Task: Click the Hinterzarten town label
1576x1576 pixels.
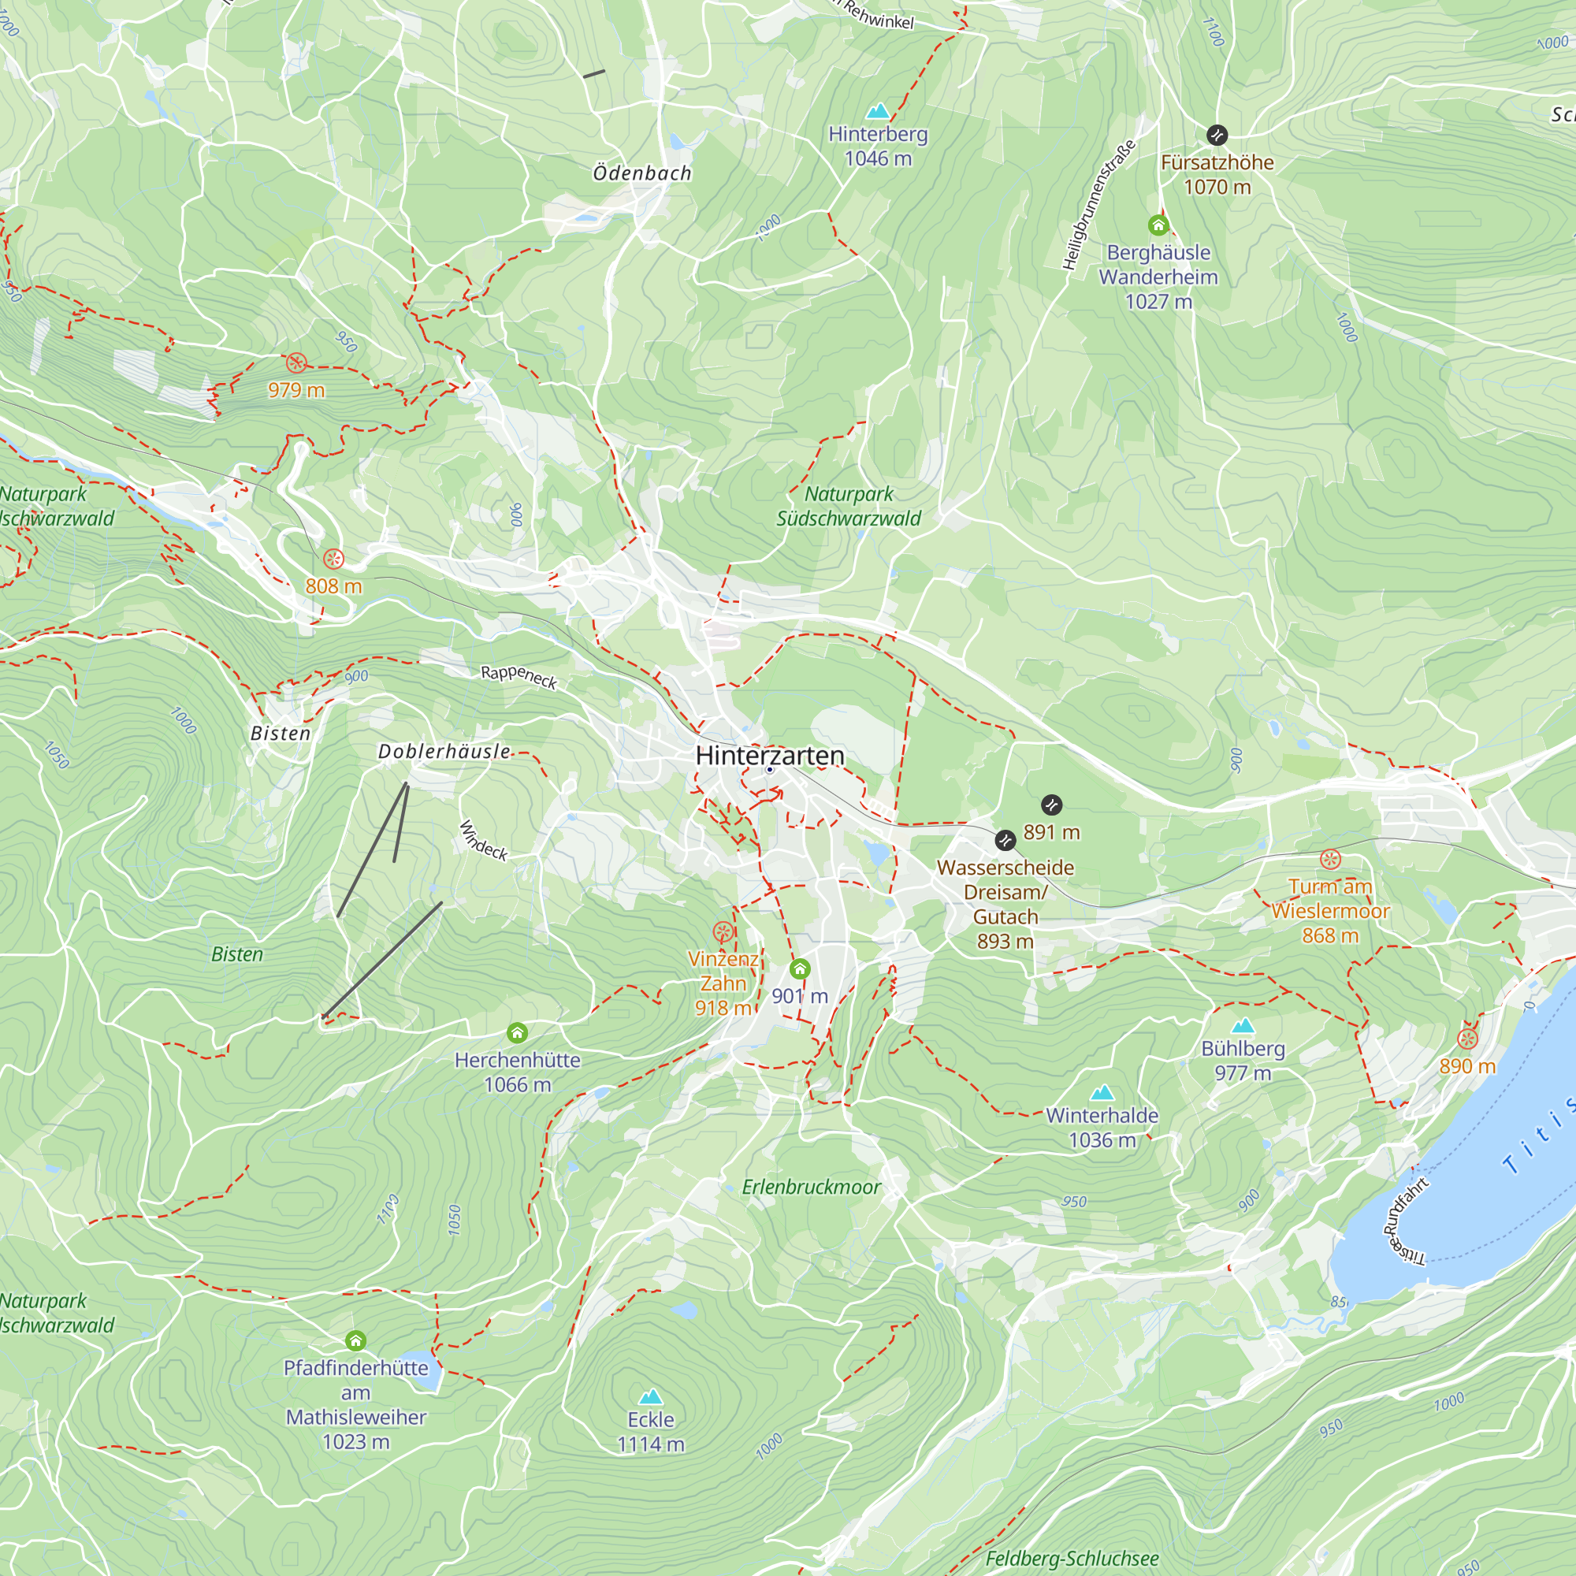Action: click(x=770, y=756)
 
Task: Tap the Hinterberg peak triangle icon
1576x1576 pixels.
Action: click(x=878, y=110)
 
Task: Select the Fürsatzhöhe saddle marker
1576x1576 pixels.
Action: click(x=1216, y=135)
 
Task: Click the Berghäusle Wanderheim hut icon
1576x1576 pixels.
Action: click(x=1158, y=225)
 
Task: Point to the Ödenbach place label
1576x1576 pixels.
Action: click(x=642, y=173)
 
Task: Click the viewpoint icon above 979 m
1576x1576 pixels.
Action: click(x=296, y=363)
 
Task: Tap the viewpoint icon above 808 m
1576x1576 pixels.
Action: click(x=333, y=559)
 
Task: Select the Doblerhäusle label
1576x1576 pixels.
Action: click(x=444, y=751)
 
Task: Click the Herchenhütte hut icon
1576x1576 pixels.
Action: click(x=517, y=1033)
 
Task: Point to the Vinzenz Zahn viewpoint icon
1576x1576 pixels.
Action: click(x=723, y=931)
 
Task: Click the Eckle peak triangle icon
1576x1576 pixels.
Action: click(x=650, y=1397)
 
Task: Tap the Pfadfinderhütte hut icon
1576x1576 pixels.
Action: click(x=355, y=1340)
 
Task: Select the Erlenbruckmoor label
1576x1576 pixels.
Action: click(x=811, y=1187)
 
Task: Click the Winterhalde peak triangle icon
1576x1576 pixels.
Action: click(x=1102, y=1091)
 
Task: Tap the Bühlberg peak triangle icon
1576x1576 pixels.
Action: click(x=1243, y=1025)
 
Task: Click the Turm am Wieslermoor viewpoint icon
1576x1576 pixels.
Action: click(x=1329, y=859)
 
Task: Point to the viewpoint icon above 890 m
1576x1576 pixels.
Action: click(x=1466, y=1039)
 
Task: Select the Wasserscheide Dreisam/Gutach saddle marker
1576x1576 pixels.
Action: click(x=1005, y=839)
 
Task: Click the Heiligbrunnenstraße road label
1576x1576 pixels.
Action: click(x=1098, y=206)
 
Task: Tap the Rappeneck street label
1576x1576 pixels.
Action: click(x=519, y=676)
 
